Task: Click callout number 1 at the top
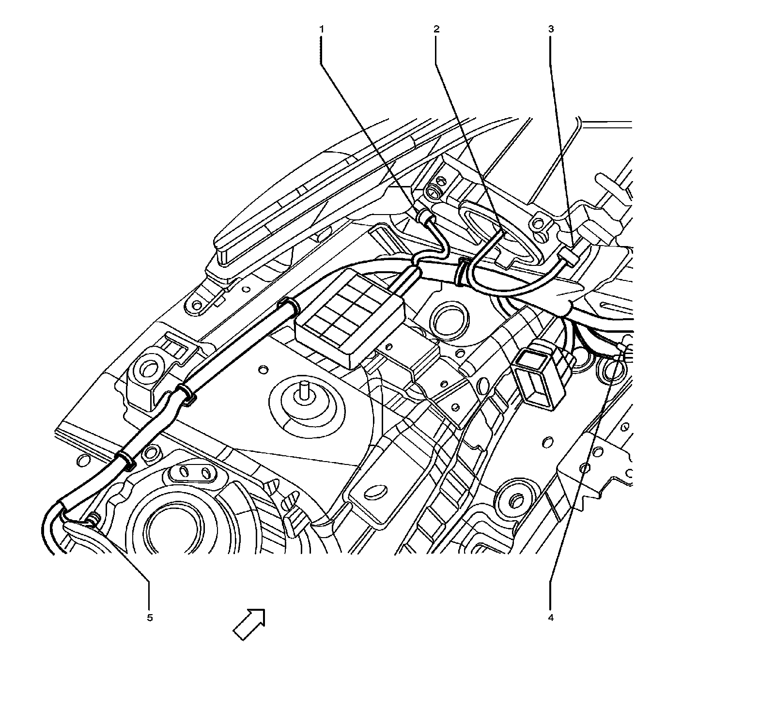coord(321,29)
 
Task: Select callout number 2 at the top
coord(436,29)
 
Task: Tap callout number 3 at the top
coord(551,29)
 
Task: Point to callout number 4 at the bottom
coord(551,618)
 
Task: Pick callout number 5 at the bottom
coord(150,618)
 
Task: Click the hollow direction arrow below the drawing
coord(250,623)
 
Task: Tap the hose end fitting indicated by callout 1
coord(424,215)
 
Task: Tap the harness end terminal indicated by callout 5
coord(91,521)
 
